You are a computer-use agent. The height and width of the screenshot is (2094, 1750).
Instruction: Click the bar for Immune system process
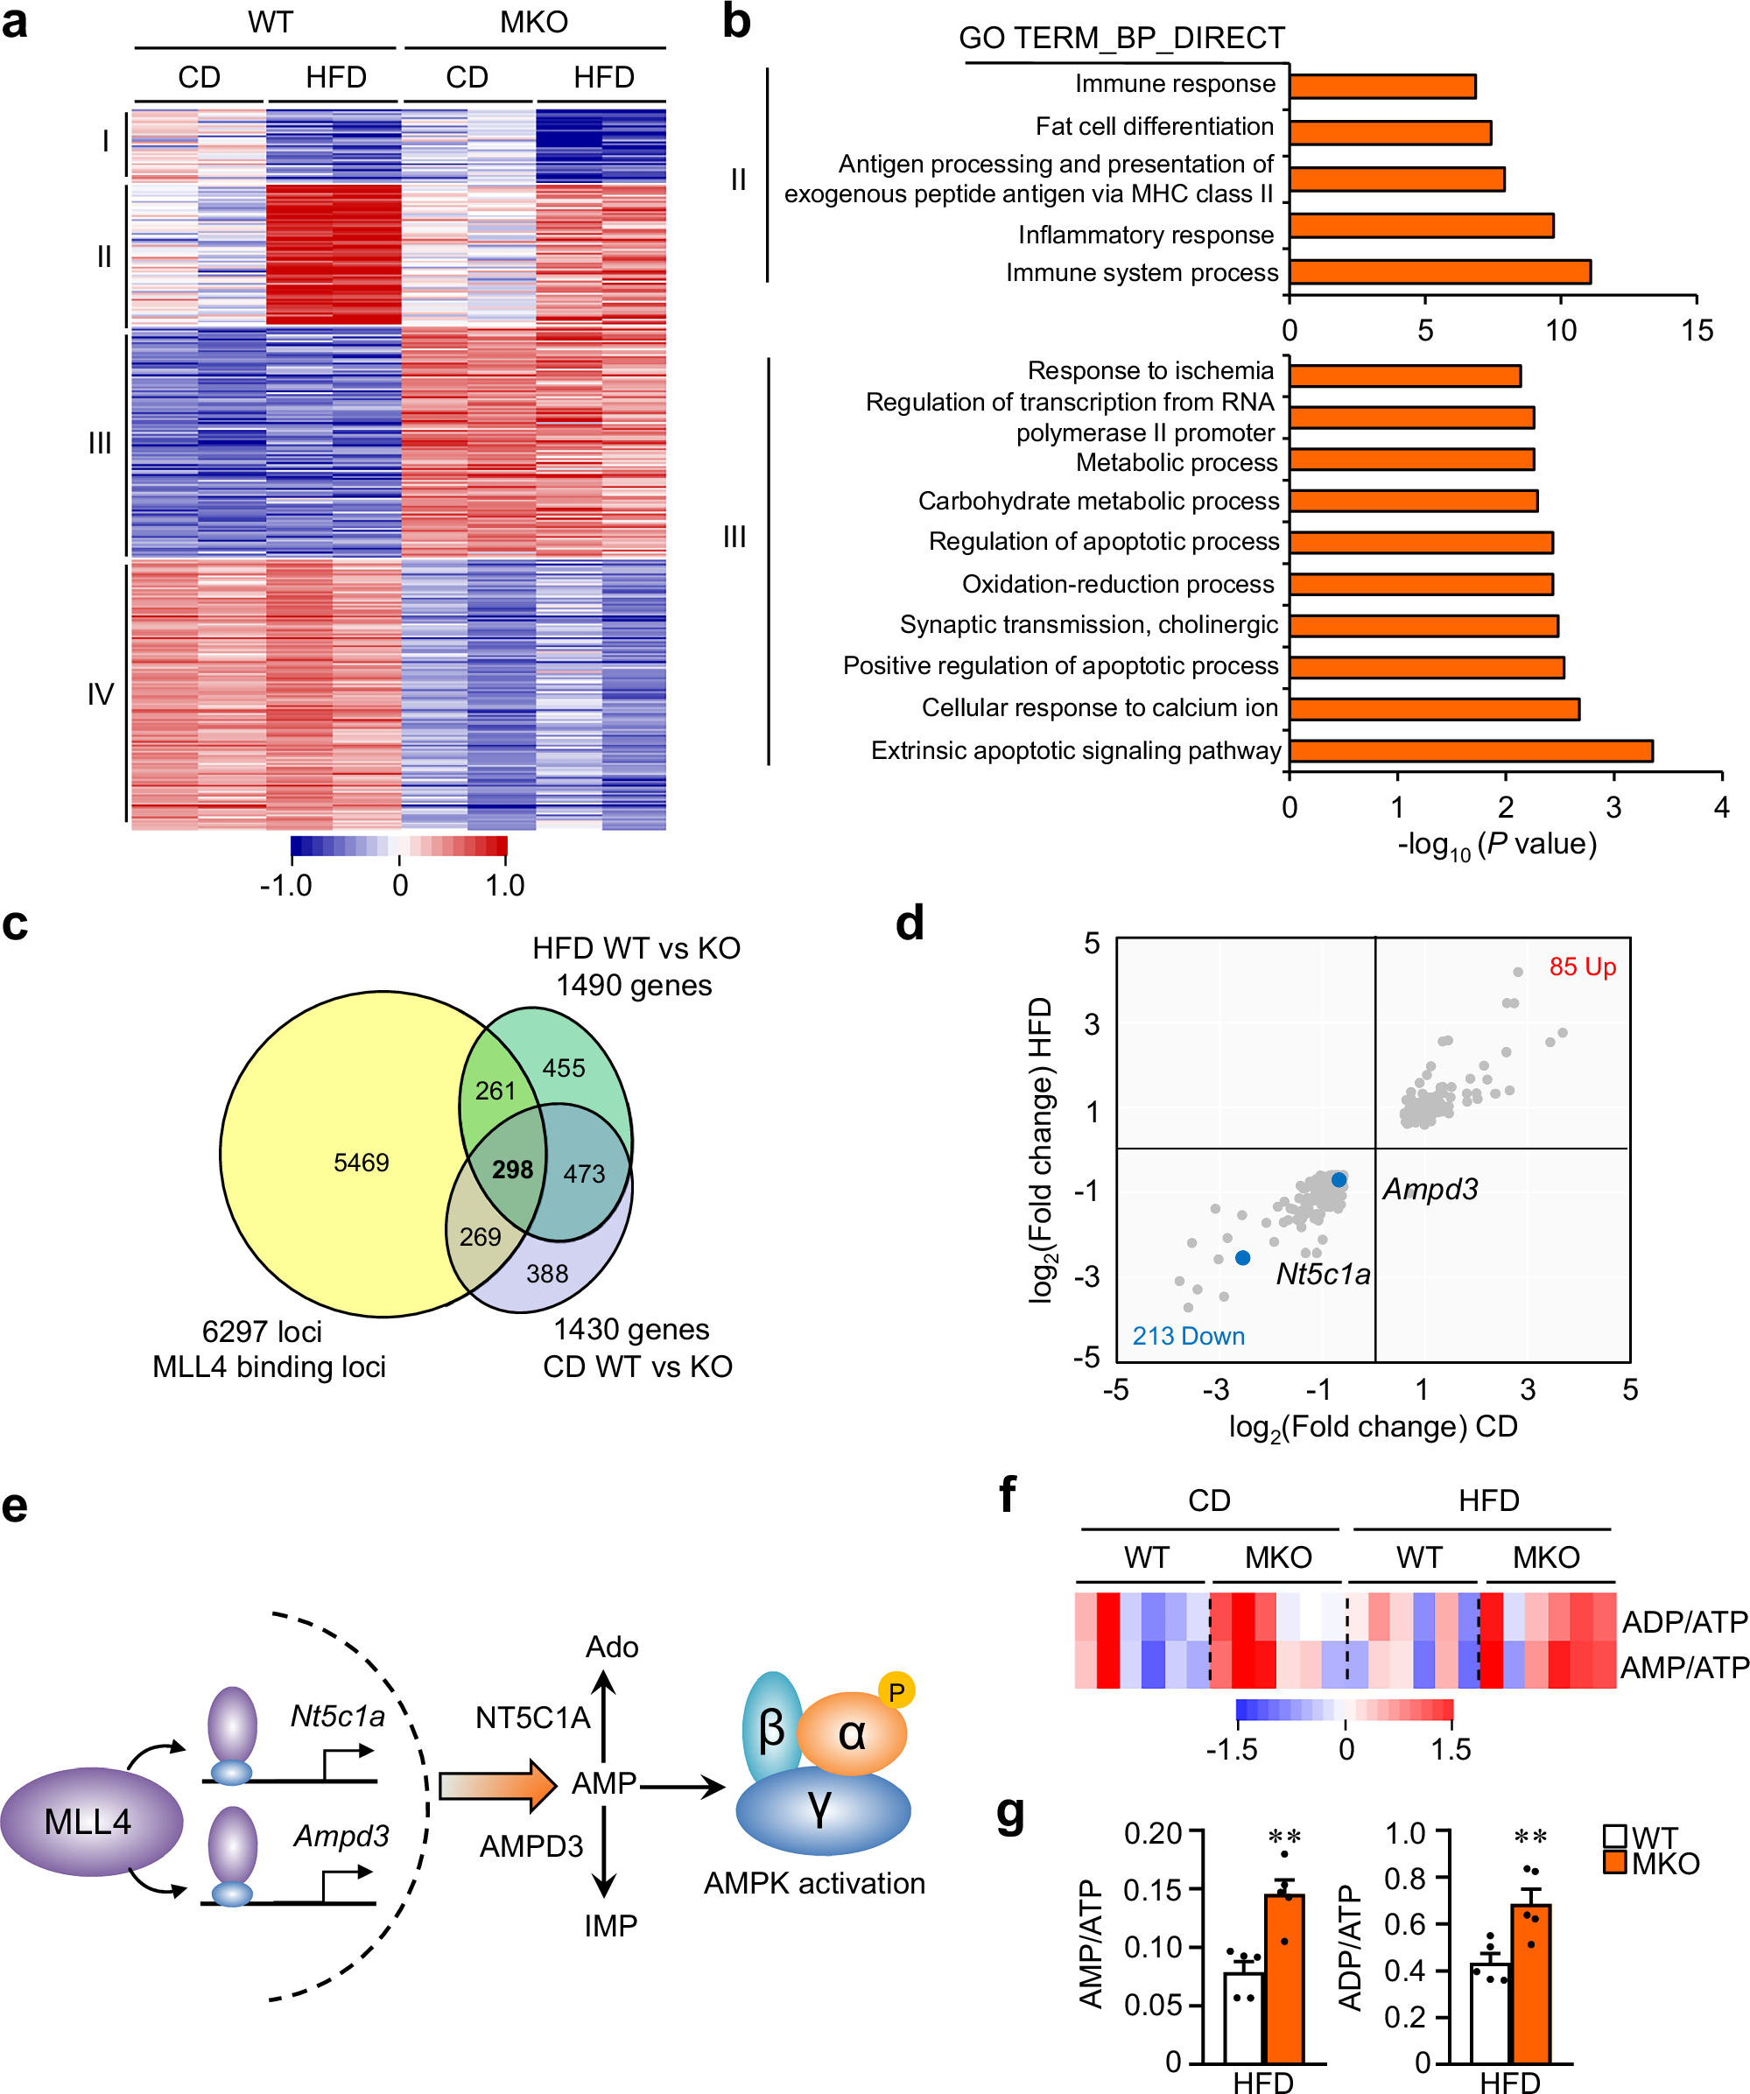(x=1439, y=272)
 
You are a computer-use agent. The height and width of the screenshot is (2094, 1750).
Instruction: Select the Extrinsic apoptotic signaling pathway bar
(x=1470, y=751)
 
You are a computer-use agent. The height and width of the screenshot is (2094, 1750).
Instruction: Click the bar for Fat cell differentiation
(x=1389, y=132)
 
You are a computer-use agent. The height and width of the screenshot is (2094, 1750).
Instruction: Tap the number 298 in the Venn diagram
(x=512, y=1170)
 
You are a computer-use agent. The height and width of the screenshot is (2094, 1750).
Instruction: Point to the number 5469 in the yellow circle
(x=361, y=1163)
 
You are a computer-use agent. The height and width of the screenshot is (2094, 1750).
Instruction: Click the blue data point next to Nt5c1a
(x=1242, y=1258)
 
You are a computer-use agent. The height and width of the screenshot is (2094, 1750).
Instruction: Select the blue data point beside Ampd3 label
(x=1339, y=1179)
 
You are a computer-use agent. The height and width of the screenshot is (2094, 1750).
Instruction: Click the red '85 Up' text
(x=1582, y=967)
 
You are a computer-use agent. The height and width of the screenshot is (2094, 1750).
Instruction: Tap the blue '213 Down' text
(x=1188, y=1336)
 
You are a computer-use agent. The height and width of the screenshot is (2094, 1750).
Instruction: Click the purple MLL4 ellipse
(x=90, y=1822)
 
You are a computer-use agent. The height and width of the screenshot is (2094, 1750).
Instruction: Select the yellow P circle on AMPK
(x=896, y=1692)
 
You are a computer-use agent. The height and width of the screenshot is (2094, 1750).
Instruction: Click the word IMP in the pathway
(x=610, y=1926)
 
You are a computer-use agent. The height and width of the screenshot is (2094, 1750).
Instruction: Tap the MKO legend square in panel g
(x=1614, y=1863)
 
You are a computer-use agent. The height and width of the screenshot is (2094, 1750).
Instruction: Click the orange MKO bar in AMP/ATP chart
(x=1284, y=1978)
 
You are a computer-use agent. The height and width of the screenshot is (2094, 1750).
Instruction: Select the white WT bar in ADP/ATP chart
(x=1490, y=2013)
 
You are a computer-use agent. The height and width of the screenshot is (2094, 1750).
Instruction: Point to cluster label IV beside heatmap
(x=101, y=694)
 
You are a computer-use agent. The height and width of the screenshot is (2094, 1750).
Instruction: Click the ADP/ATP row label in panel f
(x=1684, y=1622)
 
